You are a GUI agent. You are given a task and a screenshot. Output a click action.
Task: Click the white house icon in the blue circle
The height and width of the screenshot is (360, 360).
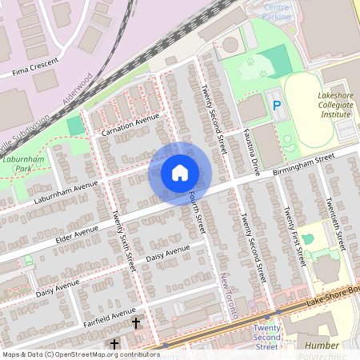pyautogui.click(x=180, y=173)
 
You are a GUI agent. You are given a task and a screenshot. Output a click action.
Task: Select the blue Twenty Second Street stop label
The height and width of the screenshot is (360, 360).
pyautogui.click(x=266, y=337)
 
